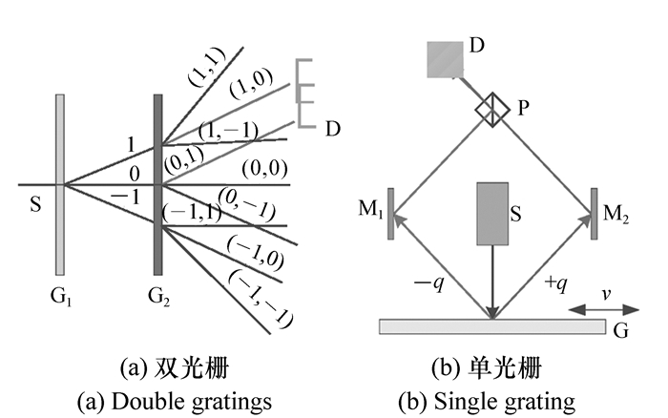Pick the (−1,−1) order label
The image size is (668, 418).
click(260, 298)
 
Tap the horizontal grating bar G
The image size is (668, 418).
click(491, 326)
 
